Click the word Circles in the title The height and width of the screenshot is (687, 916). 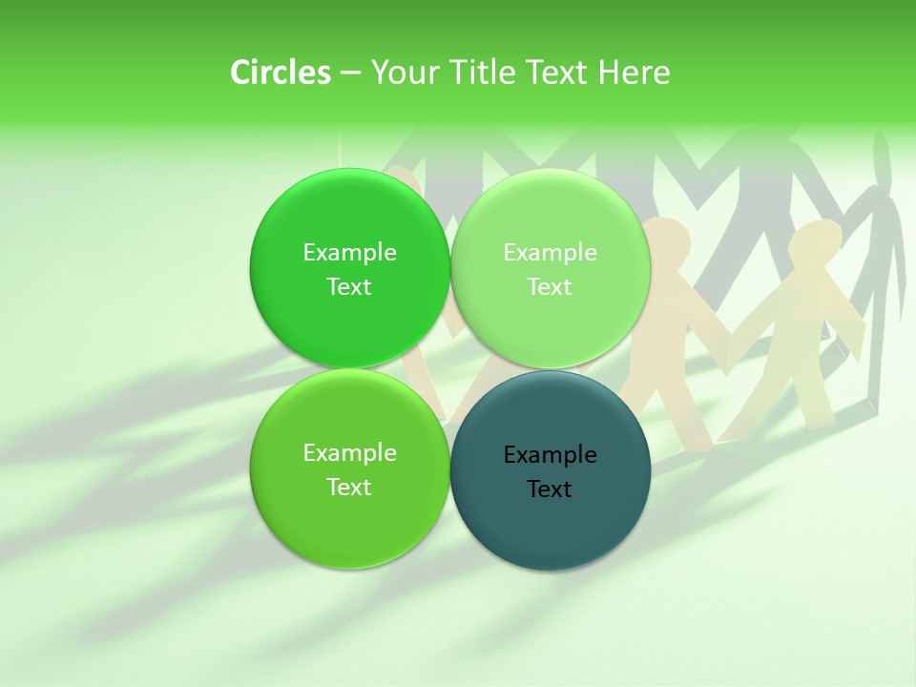(x=281, y=73)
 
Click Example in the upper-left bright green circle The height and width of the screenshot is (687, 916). (x=349, y=252)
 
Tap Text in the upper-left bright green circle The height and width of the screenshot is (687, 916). (x=349, y=286)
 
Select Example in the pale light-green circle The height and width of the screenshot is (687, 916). (x=550, y=252)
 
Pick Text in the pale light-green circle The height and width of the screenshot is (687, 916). (x=550, y=286)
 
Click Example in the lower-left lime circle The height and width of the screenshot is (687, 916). (x=349, y=452)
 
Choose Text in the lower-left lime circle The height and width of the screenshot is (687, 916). (x=349, y=487)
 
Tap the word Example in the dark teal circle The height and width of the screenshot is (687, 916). (x=550, y=454)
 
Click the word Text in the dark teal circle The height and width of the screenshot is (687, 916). (x=550, y=489)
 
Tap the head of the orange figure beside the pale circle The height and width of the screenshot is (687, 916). (x=667, y=239)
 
